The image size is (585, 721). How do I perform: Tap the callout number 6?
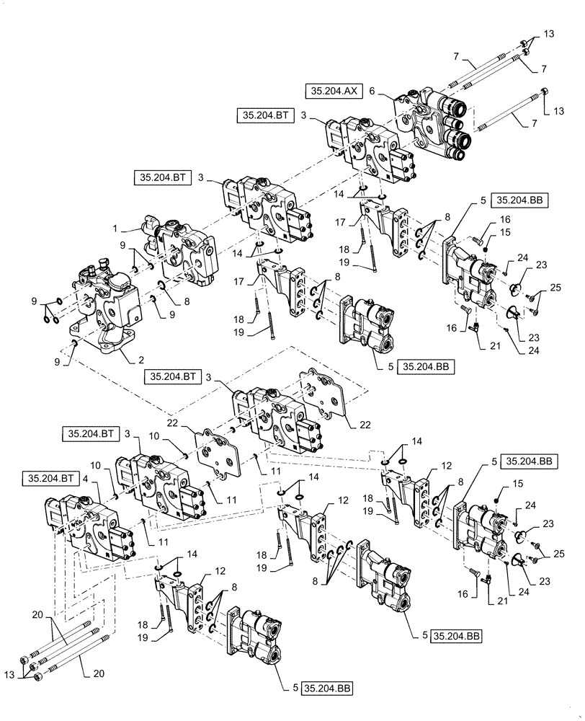(372, 91)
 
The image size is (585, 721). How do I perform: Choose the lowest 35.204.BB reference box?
(328, 689)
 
